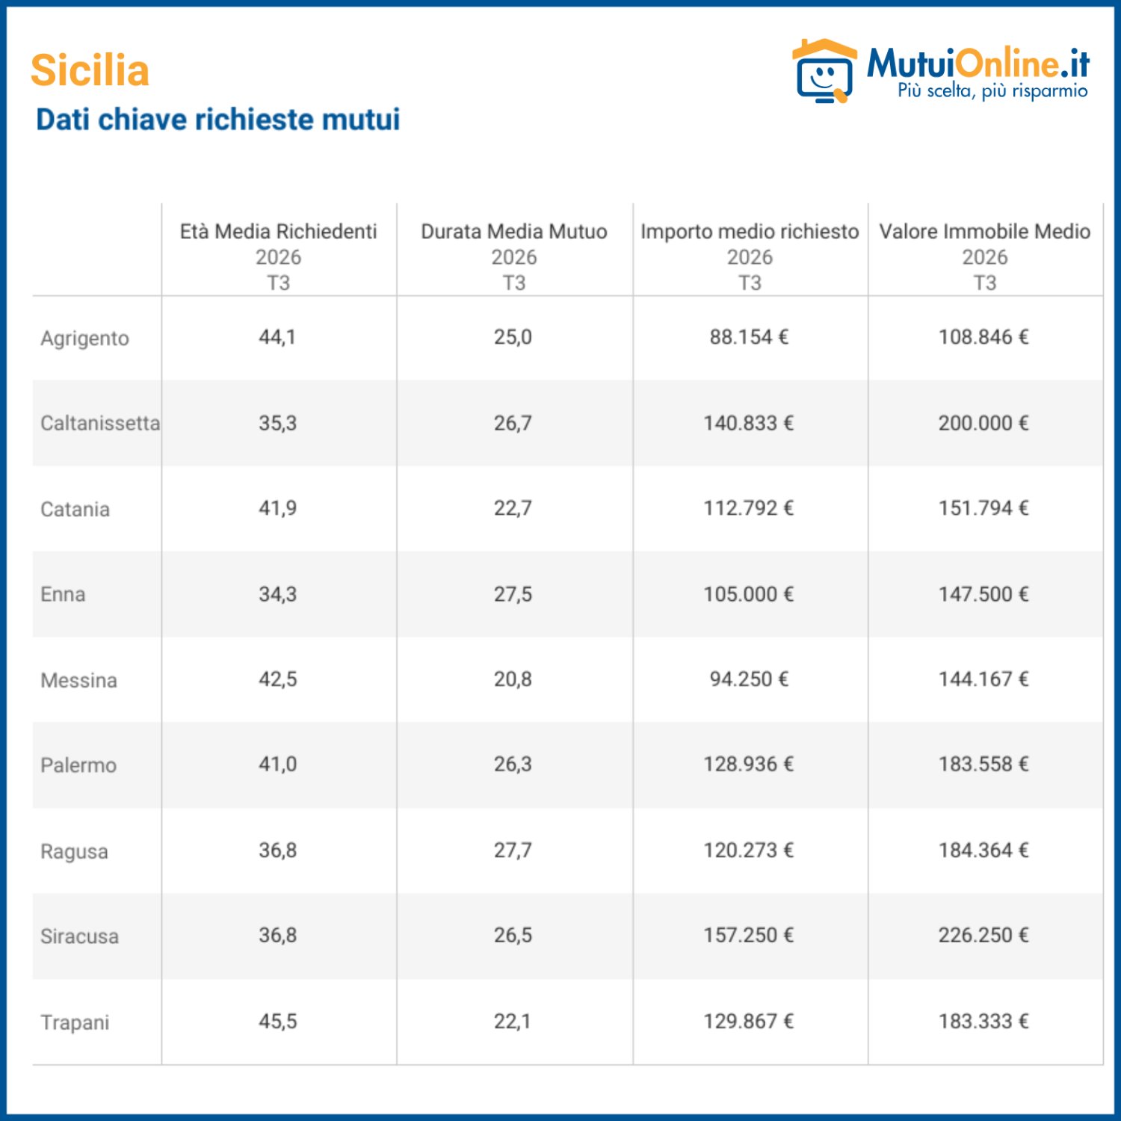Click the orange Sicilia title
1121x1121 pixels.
pyautogui.click(x=90, y=70)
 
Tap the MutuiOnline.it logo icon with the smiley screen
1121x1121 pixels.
pyautogui.click(x=824, y=71)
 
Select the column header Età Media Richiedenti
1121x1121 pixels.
pyautogui.click(x=278, y=232)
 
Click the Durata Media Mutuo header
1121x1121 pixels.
pyautogui.click(x=514, y=232)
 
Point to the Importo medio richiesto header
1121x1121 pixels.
pyautogui.click(x=750, y=232)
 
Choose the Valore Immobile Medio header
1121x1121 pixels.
pyautogui.click(x=985, y=232)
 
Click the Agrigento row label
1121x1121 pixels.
pyautogui.click(x=84, y=339)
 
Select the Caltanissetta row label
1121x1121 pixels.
pyautogui.click(x=100, y=423)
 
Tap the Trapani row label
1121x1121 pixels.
pyautogui.click(x=75, y=1022)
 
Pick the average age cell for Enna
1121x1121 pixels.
pyautogui.click(x=278, y=594)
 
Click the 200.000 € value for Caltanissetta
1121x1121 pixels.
pyautogui.click(x=983, y=423)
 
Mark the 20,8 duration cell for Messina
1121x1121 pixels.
pyautogui.click(x=513, y=679)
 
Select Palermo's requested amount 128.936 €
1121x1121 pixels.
pyautogui.click(x=749, y=765)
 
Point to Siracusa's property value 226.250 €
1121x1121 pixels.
pyautogui.click(x=983, y=935)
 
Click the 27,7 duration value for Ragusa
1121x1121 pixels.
pyautogui.click(x=513, y=850)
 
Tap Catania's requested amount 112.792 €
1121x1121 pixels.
pyautogui.click(x=749, y=508)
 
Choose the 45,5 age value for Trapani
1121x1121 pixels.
pyautogui.click(x=278, y=1022)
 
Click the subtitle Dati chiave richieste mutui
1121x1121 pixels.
pyautogui.click(x=218, y=120)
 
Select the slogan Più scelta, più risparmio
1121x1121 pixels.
pyautogui.click(x=992, y=91)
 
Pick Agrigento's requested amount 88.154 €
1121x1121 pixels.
pyautogui.click(x=749, y=337)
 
